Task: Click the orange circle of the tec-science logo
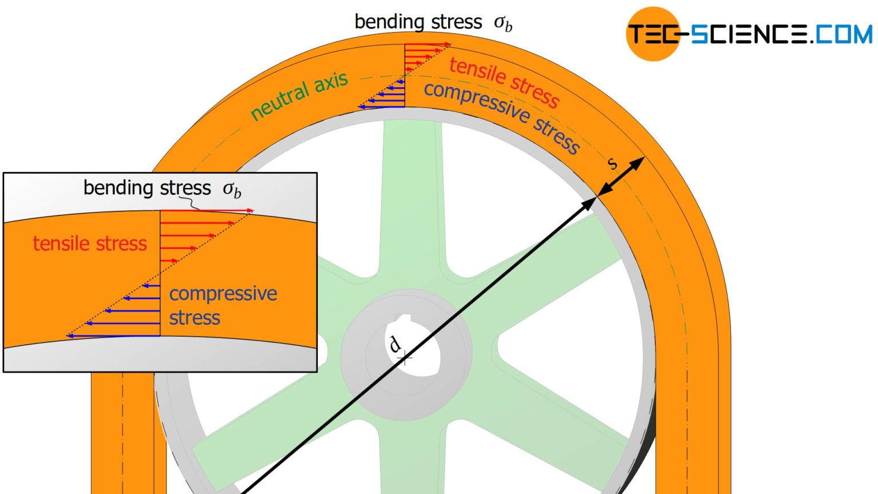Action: pyautogui.click(x=653, y=34)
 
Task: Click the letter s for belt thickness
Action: pyautogui.click(x=612, y=164)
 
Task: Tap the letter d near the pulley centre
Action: pyautogui.click(x=394, y=344)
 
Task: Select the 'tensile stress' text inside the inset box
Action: pyautogui.click(x=90, y=244)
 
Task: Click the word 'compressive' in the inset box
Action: pyautogui.click(x=223, y=293)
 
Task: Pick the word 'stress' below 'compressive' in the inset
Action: pyautogui.click(x=194, y=317)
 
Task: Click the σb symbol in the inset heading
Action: pyautogui.click(x=232, y=189)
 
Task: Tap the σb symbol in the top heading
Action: pyautogui.click(x=503, y=23)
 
